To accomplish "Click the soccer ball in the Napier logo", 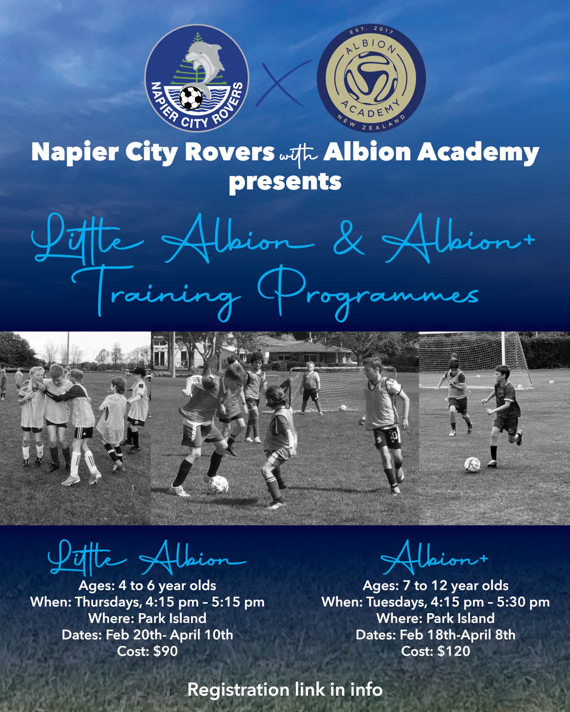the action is tap(191, 98).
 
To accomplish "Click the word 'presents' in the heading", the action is tap(285, 182).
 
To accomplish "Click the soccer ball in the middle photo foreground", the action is tap(218, 485).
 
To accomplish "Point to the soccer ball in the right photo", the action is tap(472, 465).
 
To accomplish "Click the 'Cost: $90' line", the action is tap(147, 651).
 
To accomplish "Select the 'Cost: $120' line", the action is tap(436, 651).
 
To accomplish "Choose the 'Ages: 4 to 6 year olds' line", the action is tap(147, 586).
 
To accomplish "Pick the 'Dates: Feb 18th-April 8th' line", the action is tap(436, 635).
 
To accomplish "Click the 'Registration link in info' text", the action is tap(285, 690).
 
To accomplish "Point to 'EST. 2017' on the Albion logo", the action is tap(371, 31).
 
